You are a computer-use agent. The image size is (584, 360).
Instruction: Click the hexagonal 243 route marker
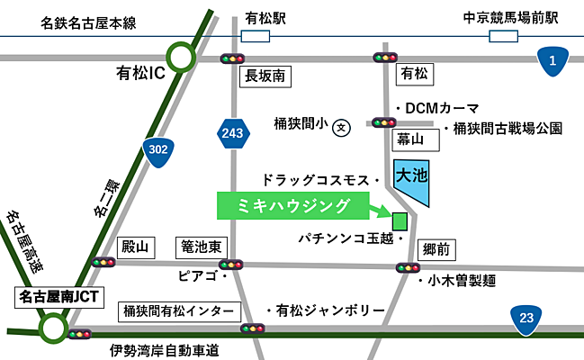tap(231, 134)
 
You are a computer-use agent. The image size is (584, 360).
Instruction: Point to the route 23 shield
tap(525, 318)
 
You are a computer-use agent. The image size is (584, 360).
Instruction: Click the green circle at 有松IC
tap(182, 59)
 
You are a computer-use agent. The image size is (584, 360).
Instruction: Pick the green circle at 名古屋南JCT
tap(53, 327)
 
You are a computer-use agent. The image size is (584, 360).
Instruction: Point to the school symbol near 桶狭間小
tap(341, 129)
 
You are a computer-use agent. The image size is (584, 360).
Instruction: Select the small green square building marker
tap(400, 220)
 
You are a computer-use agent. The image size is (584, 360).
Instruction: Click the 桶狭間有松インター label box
tap(179, 311)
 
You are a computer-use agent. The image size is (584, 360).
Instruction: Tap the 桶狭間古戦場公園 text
tap(508, 129)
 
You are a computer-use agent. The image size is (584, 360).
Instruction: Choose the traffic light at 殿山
tap(103, 263)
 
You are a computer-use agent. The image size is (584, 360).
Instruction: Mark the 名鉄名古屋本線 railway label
tap(88, 23)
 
